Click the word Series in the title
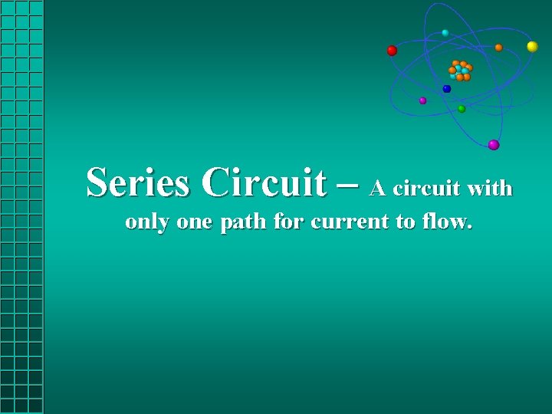pyautogui.click(x=138, y=182)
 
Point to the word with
pyautogui.click(x=489, y=188)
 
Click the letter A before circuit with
pyautogui.click(x=377, y=188)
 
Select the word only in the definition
pyautogui.click(x=147, y=222)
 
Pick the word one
pyautogui.click(x=195, y=224)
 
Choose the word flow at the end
pyautogui.click(x=448, y=222)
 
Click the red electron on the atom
pyautogui.click(x=392, y=51)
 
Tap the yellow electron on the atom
pyautogui.click(x=532, y=47)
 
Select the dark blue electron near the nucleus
pyautogui.click(x=447, y=89)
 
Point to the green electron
pyautogui.click(x=462, y=109)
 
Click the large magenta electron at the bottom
pyautogui.click(x=494, y=145)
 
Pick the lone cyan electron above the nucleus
pyautogui.click(x=445, y=33)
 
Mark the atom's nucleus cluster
pyautogui.click(x=460, y=71)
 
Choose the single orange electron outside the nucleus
pyautogui.click(x=498, y=48)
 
